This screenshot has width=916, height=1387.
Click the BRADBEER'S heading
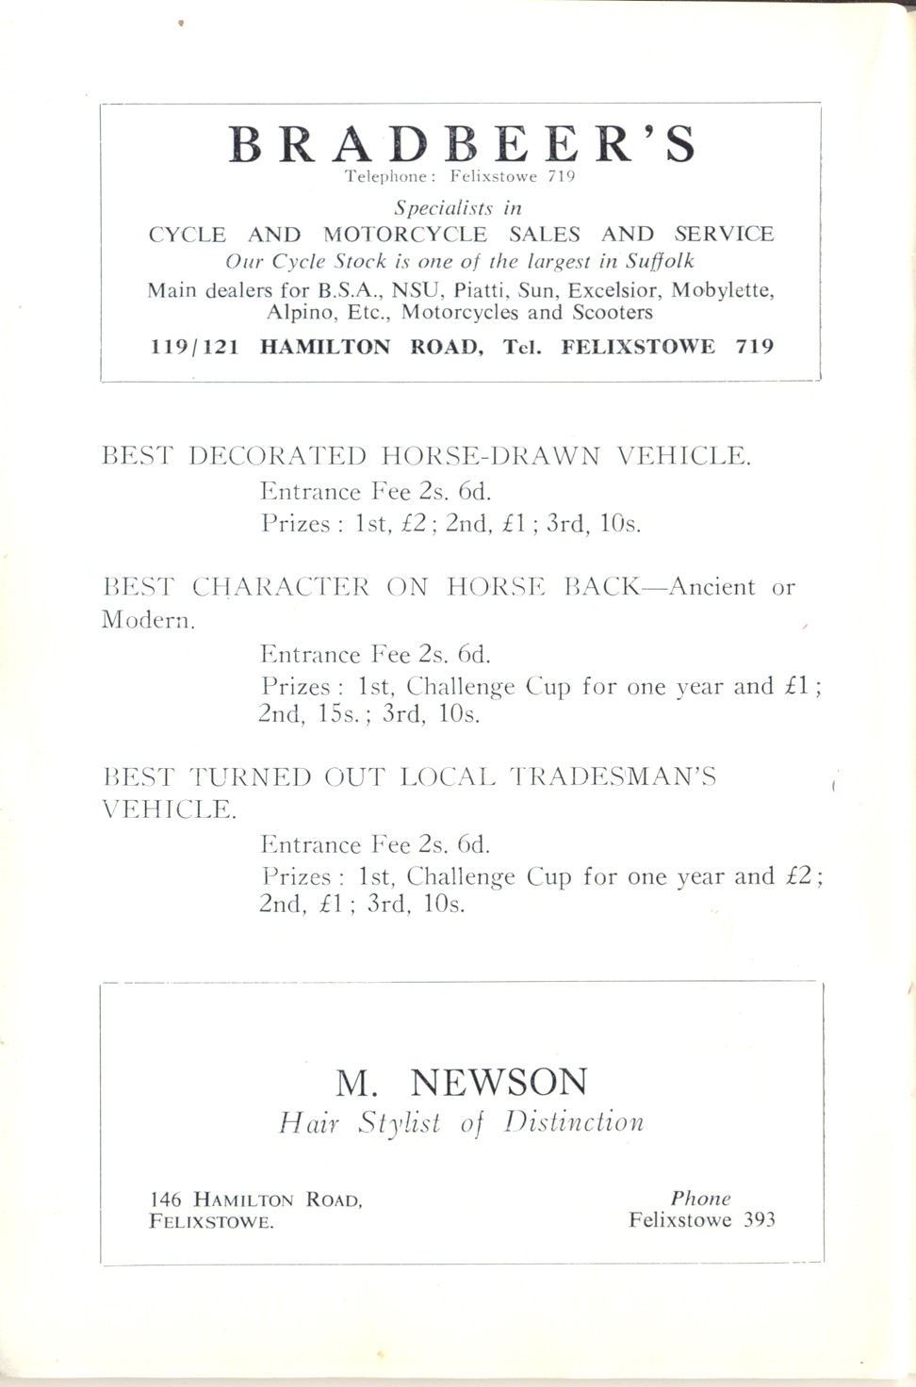[x=462, y=144]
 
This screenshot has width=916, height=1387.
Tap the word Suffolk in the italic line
[x=660, y=261]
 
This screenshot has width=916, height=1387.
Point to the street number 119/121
[x=195, y=347]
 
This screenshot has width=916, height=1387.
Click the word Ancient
[x=712, y=587]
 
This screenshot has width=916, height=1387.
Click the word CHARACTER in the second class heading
[x=281, y=587]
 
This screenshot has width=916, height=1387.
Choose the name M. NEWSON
[x=462, y=1082]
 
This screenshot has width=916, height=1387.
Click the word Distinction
[x=574, y=1122]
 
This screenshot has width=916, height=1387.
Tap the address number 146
[x=166, y=1199]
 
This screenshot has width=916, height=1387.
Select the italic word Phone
[x=700, y=1199]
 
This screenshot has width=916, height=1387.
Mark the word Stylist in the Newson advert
[x=399, y=1123]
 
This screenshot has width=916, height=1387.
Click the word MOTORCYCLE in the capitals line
[x=405, y=235]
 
